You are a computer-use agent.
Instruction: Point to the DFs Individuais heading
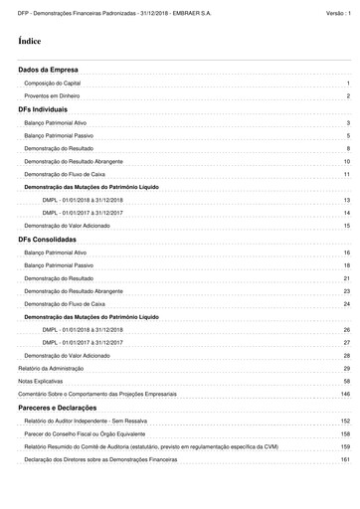pos(43,108)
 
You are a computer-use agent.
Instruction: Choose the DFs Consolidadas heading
pos(48,240)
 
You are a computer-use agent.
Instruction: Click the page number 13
pos(347,200)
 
